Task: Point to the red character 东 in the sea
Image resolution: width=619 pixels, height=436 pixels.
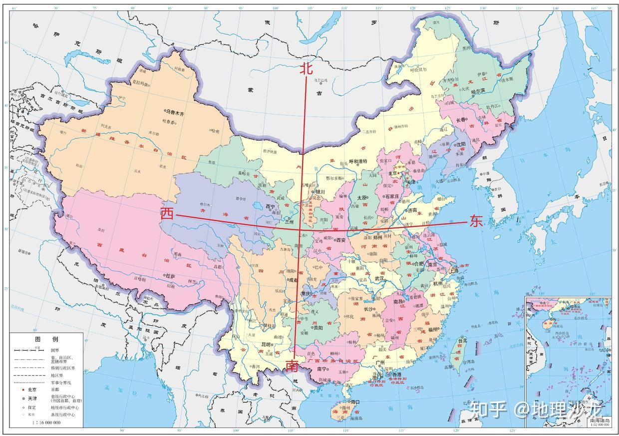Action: [x=476, y=221]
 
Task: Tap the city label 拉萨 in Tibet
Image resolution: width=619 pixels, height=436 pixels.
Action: [x=170, y=276]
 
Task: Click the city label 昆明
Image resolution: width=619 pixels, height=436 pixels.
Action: [x=266, y=345]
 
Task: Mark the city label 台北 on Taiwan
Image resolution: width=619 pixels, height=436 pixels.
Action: [x=462, y=341]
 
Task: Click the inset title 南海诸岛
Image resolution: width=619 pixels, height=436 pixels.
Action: [x=598, y=421]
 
